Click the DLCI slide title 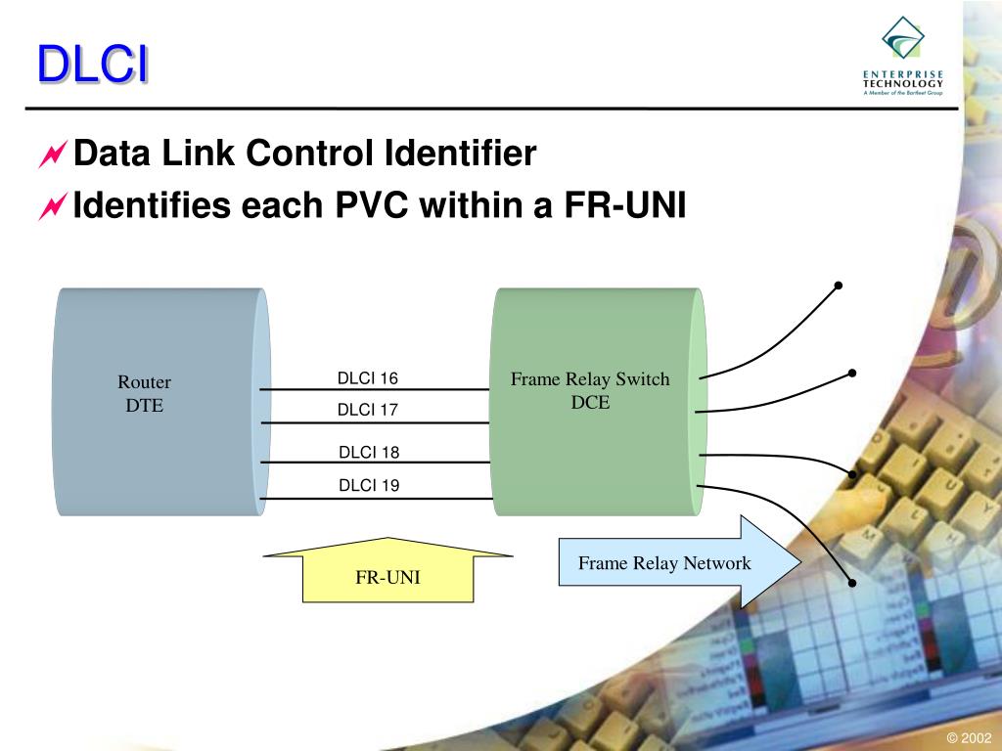coord(93,66)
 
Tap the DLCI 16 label coord(368,378)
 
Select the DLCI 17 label coord(368,410)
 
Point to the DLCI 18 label coord(369,452)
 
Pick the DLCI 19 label coord(369,485)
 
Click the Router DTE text coord(144,393)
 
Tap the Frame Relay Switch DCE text coord(590,390)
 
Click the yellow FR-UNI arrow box coord(387,576)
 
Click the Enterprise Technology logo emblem coord(903,39)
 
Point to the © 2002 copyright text coord(969,738)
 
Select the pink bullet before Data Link coord(52,155)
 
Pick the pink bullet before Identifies coord(52,206)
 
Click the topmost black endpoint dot coord(839,286)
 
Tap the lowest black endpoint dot coord(852,583)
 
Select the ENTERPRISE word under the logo coord(903,74)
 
